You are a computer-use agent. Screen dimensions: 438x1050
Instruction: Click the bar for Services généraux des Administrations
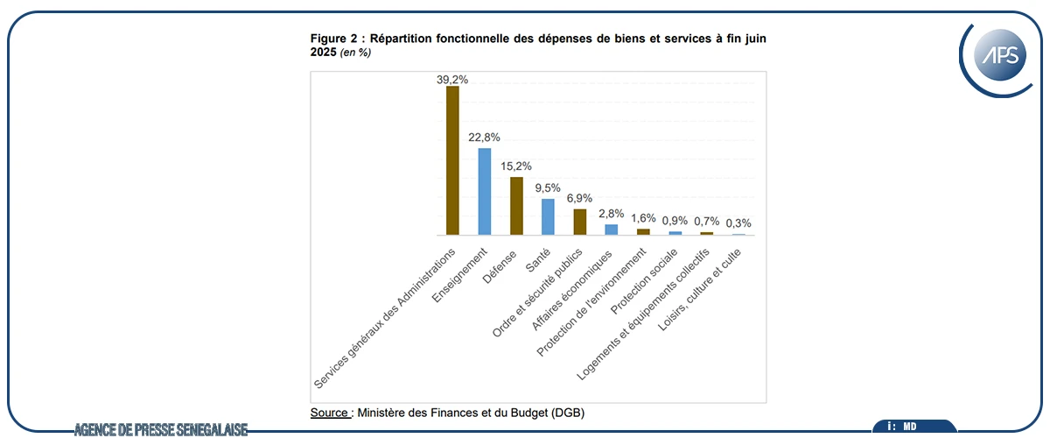452,160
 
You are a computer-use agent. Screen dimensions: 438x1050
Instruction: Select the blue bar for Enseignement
484,191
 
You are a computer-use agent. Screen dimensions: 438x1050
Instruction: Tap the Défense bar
516,206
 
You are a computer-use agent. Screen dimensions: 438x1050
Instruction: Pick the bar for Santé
548,216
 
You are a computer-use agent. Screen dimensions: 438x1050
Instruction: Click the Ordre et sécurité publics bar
579,222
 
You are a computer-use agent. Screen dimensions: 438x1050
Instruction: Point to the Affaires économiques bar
612,230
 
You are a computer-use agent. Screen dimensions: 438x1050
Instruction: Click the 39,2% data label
452,79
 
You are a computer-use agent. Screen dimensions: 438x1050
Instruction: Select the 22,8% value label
484,137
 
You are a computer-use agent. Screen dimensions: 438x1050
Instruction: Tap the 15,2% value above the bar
516,166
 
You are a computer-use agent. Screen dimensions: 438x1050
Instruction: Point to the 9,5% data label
548,187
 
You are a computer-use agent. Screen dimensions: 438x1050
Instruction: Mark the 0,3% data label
738,223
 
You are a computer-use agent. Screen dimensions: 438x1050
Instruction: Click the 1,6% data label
643,217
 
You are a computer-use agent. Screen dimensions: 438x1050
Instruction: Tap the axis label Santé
537,258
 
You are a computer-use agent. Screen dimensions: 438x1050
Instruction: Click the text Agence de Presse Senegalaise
161,429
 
